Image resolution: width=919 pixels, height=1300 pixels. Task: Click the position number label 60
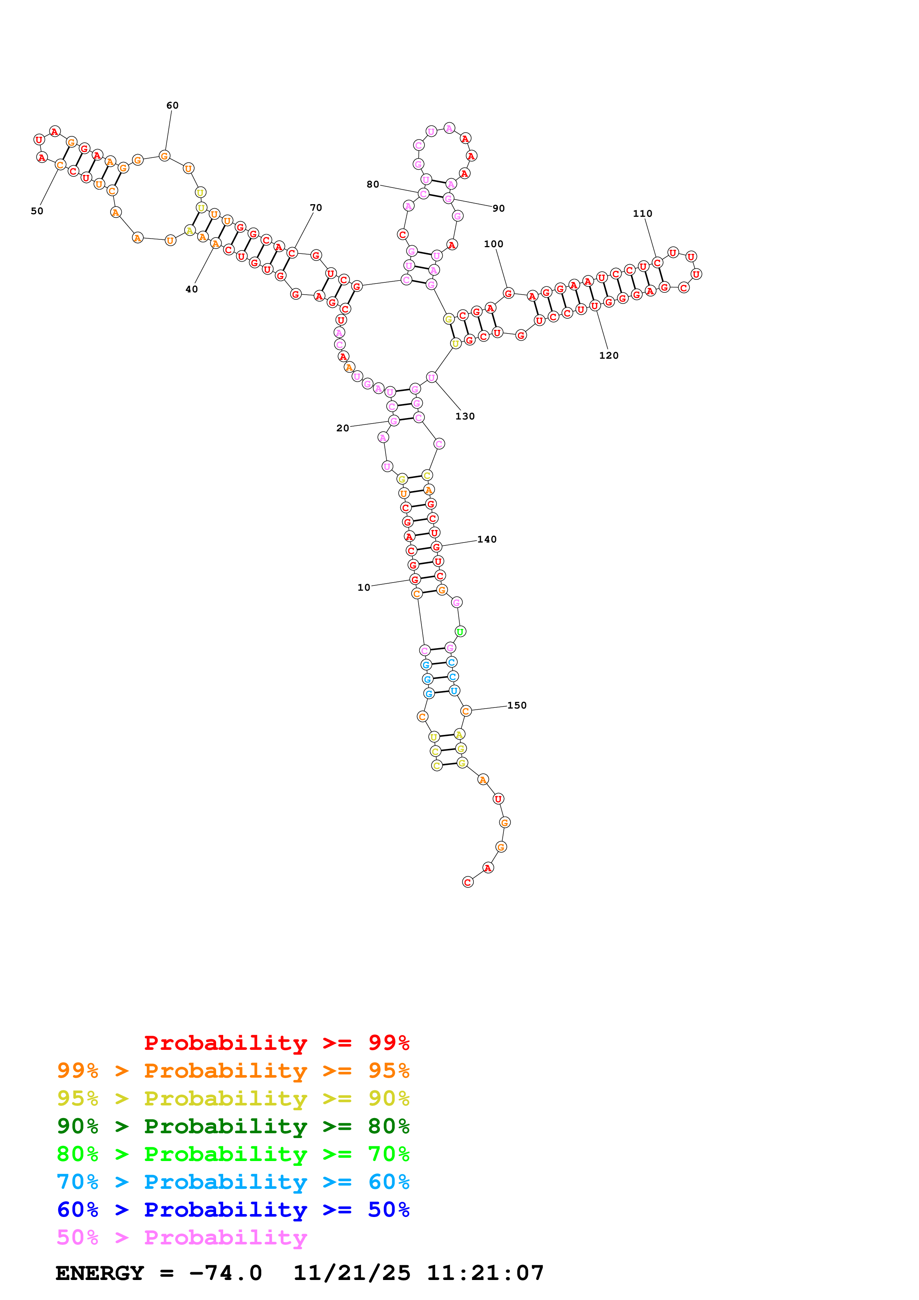point(172,105)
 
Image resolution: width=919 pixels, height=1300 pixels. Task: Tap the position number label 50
point(37,211)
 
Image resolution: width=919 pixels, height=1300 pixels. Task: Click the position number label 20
point(343,428)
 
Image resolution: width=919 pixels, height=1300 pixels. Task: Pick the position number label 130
point(465,416)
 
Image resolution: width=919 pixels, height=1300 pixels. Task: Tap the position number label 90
point(498,208)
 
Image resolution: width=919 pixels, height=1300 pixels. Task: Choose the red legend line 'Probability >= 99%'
point(276,1042)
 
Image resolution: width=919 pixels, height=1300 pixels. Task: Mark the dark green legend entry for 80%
point(233,1126)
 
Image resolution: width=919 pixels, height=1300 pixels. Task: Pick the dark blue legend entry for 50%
point(233,1210)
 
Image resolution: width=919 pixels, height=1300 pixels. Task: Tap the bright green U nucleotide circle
point(460,631)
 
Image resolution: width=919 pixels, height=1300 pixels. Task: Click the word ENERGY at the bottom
point(100,1273)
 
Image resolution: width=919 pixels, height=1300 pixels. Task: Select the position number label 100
point(493,244)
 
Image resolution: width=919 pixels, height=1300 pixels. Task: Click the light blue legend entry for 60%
point(233,1182)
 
